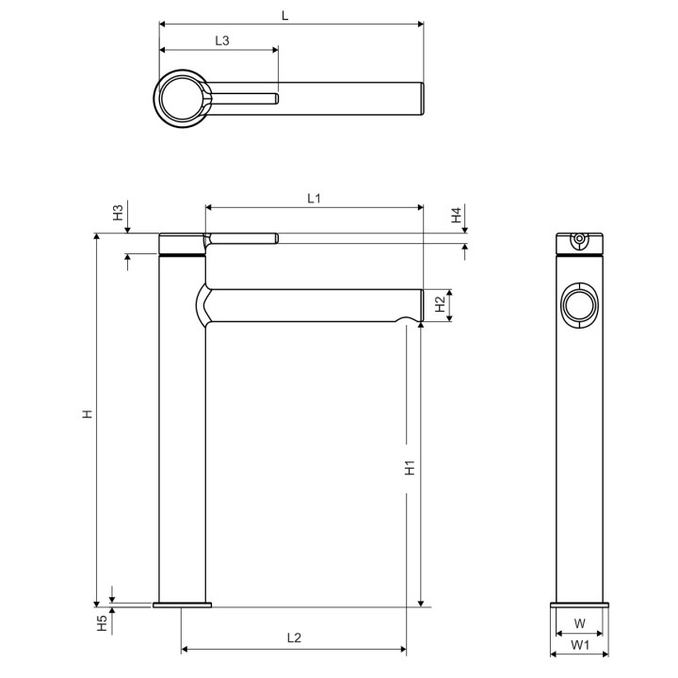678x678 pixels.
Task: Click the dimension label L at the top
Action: pyautogui.click(x=285, y=15)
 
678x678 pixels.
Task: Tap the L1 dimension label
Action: pyautogui.click(x=315, y=198)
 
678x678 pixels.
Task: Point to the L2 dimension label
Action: pyautogui.click(x=294, y=638)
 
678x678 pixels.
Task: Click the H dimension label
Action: pyautogui.click(x=86, y=413)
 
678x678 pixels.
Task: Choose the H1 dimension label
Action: pyautogui.click(x=410, y=467)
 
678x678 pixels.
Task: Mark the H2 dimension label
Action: pyautogui.click(x=440, y=304)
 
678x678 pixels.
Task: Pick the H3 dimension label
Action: pyautogui.click(x=118, y=212)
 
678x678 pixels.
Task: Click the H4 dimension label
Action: pyautogui.click(x=455, y=215)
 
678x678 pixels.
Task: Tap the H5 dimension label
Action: pyautogui.click(x=102, y=622)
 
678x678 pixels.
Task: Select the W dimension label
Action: pyautogui.click(x=580, y=623)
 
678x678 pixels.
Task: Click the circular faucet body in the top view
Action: pyautogui.click(x=182, y=97)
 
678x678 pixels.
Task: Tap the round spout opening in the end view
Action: pyautogui.click(x=578, y=306)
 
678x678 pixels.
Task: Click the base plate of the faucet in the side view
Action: pyautogui.click(x=183, y=604)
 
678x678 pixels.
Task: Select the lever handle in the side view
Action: pyautogui.click(x=241, y=236)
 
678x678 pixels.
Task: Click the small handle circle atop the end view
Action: pyautogui.click(x=579, y=239)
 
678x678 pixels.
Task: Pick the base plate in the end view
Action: pyautogui.click(x=579, y=604)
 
